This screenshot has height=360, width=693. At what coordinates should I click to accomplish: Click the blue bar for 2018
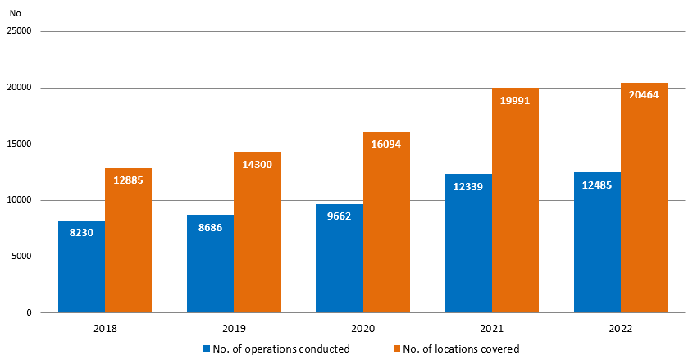click(x=81, y=267)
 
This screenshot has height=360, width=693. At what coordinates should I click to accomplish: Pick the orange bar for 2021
click(x=515, y=200)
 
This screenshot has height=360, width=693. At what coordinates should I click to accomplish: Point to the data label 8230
click(x=81, y=233)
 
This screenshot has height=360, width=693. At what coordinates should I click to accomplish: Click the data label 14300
click(x=258, y=164)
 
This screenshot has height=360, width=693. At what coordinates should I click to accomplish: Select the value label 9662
click(x=340, y=216)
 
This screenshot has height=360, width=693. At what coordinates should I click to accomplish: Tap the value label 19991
click(x=515, y=101)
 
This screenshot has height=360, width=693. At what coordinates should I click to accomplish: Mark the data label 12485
click(x=597, y=185)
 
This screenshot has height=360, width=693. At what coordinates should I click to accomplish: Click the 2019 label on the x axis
click(x=234, y=329)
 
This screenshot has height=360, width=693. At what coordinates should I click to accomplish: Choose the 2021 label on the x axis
click(x=491, y=329)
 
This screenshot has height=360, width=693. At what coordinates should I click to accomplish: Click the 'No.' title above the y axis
click(x=16, y=12)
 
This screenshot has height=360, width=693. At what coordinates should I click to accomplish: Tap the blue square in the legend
click(x=207, y=349)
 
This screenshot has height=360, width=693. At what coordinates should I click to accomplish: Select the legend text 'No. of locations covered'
click(x=460, y=349)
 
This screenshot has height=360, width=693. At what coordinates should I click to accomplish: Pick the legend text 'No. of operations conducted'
click(x=281, y=349)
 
